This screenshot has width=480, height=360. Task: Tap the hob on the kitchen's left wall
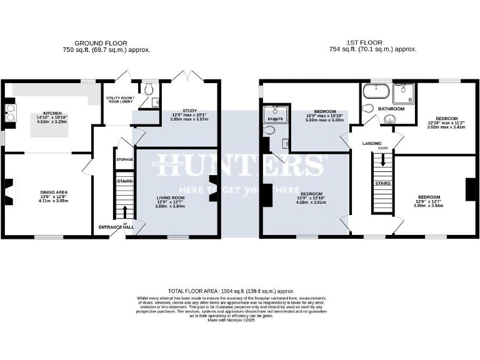11,112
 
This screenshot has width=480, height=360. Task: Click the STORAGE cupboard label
124,160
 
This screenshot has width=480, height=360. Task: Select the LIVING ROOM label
171,197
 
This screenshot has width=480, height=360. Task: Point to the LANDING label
372,143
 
